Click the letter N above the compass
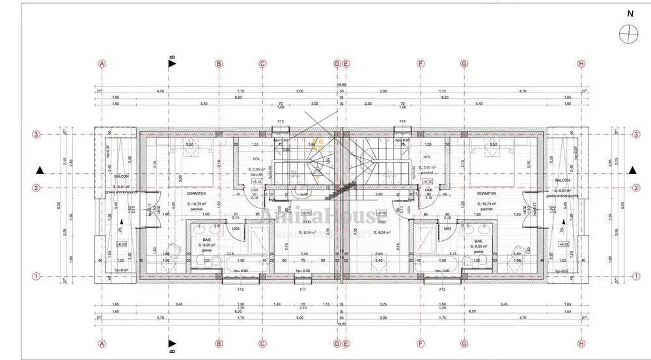[630, 13]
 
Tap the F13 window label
[281, 122]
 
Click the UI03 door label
[236, 228]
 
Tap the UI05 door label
[254, 190]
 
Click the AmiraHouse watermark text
[325, 216]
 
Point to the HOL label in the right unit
[427, 157]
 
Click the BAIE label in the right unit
[478, 240]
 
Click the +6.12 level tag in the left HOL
[256, 182]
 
